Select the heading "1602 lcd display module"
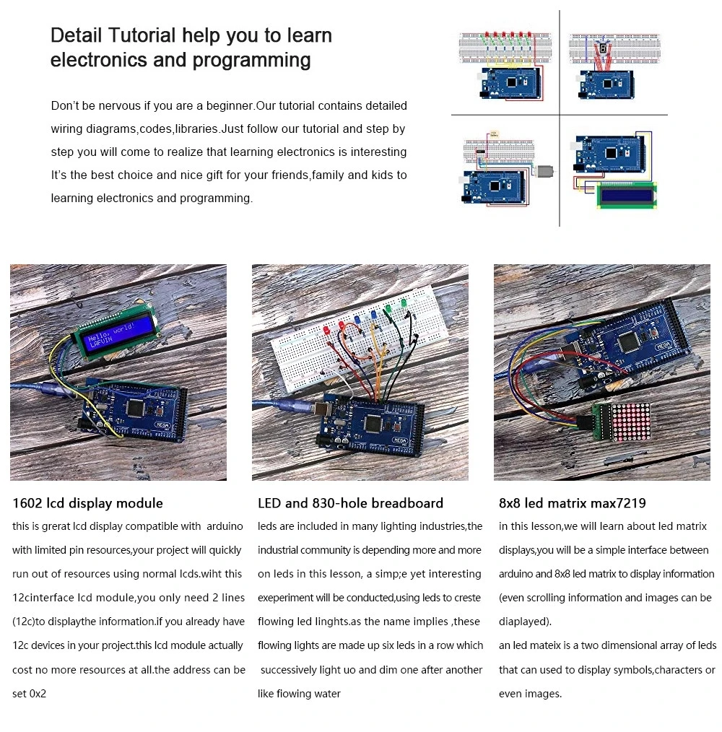[x=87, y=503]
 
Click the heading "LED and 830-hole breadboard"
[x=350, y=503]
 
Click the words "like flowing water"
[x=299, y=694]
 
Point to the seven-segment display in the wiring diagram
[x=602, y=48]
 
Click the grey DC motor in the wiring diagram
[x=546, y=171]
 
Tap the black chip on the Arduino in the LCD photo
[x=135, y=408]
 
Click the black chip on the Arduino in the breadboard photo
[x=375, y=424]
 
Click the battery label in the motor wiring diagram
[x=494, y=134]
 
